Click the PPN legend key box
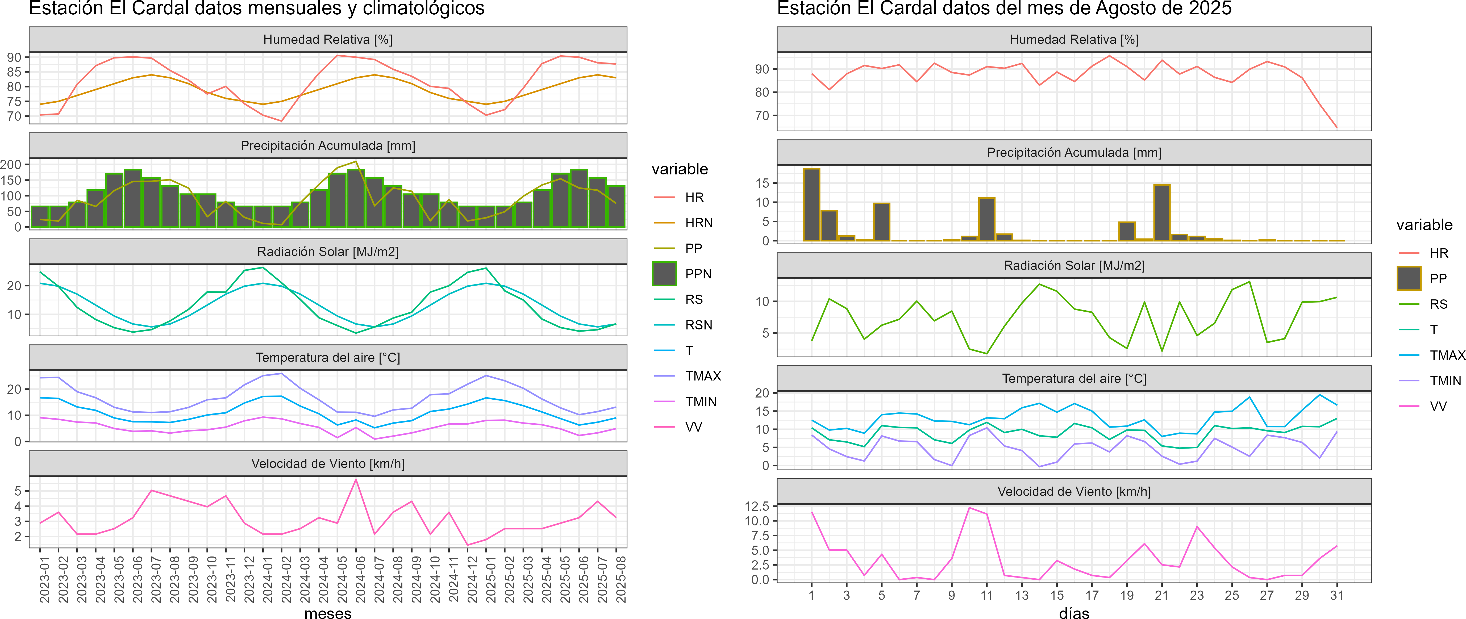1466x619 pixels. [664, 274]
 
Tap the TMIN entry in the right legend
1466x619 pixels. [1445, 380]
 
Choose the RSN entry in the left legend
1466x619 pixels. [698, 325]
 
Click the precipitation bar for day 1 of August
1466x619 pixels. [811, 205]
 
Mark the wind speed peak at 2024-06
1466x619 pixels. [356, 480]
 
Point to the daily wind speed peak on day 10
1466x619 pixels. [969, 508]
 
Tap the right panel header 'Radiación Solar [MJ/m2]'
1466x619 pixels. [1074, 266]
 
